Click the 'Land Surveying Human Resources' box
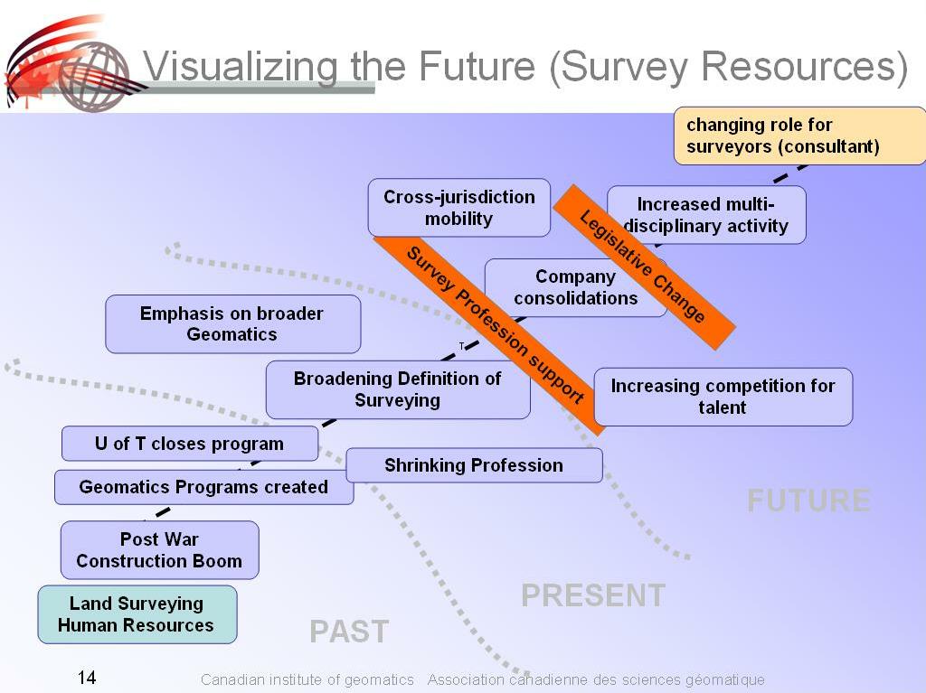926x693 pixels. click(x=137, y=614)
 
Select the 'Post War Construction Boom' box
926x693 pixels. click(x=159, y=550)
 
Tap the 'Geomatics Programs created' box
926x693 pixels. click(x=203, y=487)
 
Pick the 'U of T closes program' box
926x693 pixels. click(x=189, y=444)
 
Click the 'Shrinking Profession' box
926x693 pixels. click(x=474, y=465)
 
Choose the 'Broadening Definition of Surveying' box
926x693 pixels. click(x=397, y=389)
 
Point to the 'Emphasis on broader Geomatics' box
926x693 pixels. click(x=232, y=323)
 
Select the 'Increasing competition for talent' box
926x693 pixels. click(x=723, y=397)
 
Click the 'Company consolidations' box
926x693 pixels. click(x=575, y=287)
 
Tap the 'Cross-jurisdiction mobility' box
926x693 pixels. click(x=458, y=208)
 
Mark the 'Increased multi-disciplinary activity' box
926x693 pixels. click(x=705, y=215)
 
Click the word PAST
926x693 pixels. click(x=349, y=632)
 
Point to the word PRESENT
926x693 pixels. click(x=593, y=595)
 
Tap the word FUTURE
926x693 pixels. click(x=808, y=501)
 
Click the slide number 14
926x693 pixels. click(x=87, y=678)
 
